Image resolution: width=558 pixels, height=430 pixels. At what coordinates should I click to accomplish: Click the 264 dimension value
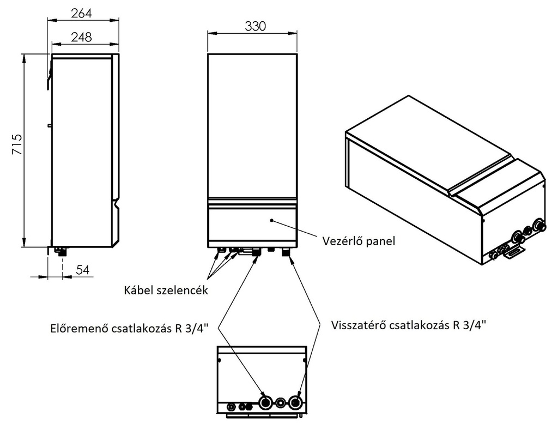[82, 13]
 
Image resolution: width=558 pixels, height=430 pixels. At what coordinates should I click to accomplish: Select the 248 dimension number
[82, 37]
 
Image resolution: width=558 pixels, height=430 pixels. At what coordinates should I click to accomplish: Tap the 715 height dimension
[17, 144]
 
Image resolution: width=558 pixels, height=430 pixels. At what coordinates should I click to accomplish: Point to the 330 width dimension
[255, 26]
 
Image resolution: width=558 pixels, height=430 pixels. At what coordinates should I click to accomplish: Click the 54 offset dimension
[83, 270]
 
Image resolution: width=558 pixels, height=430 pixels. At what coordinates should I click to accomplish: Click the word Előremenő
[80, 328]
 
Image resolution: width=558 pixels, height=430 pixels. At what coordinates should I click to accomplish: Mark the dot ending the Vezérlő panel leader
[271, 221]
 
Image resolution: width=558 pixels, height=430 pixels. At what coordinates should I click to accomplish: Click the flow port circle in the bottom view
[265, 403]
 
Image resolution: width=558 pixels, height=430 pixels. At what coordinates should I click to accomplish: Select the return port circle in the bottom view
[295, 403]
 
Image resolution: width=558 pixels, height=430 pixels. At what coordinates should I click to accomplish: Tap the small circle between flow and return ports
[280, 403]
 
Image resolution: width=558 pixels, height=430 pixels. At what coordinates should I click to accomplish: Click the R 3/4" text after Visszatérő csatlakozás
[469, 325]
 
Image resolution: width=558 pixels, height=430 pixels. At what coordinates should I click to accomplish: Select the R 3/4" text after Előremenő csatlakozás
[191, 328]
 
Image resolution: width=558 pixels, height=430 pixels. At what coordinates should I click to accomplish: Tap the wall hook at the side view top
[48, 71]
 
